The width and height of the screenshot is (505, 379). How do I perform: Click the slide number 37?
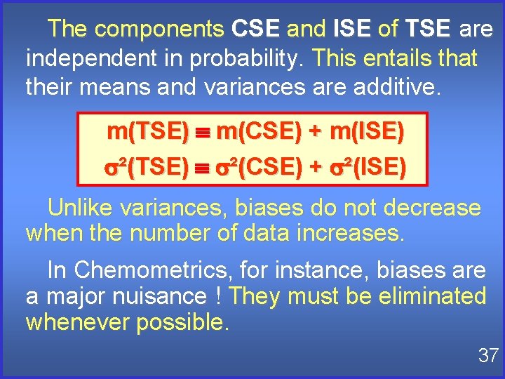tap(487, 356)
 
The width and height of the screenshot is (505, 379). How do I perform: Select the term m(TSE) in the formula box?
tap(147, 131)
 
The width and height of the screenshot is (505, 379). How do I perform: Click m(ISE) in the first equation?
tap(367, 131)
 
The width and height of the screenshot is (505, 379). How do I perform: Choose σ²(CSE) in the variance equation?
tap(259, 167)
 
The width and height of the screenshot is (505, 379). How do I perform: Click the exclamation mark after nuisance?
tap(220, 296)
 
